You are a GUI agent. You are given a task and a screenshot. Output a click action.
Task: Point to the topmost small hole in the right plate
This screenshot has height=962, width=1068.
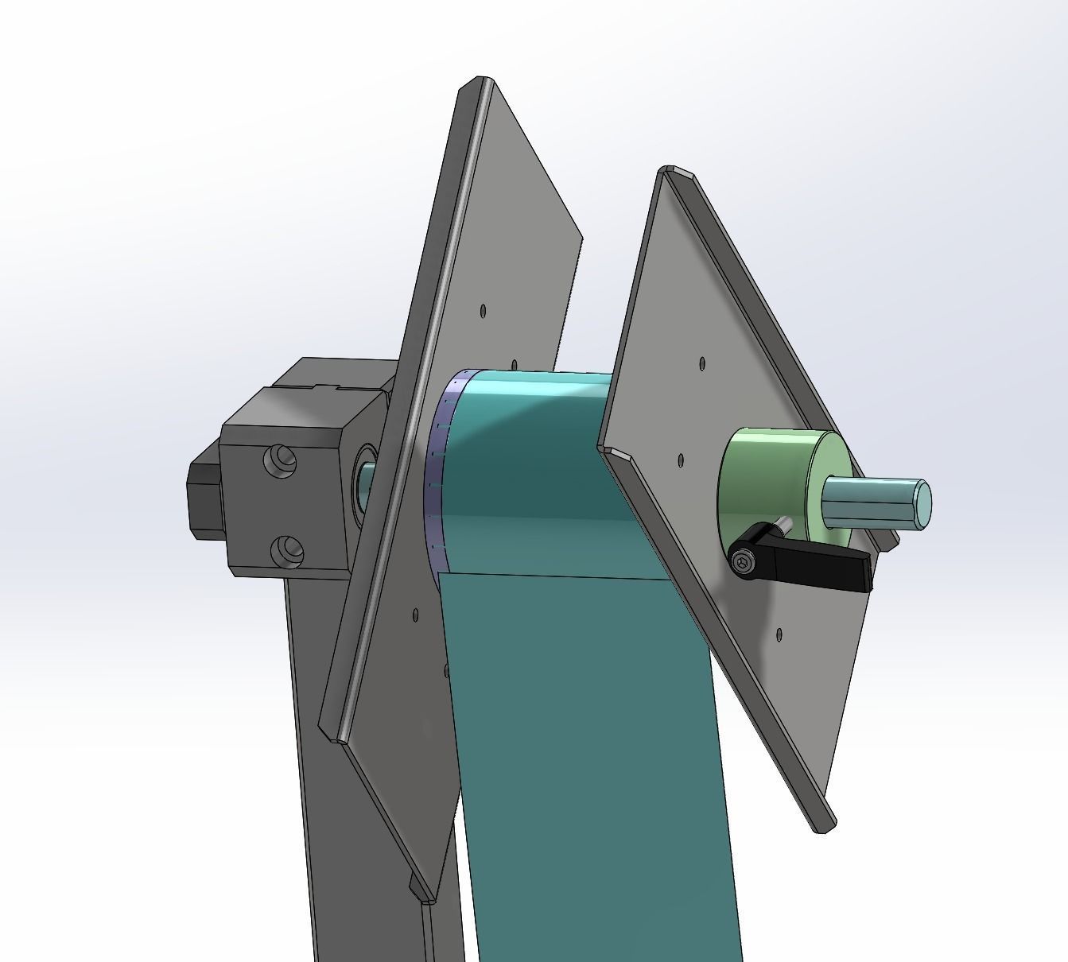[x=702, y=363]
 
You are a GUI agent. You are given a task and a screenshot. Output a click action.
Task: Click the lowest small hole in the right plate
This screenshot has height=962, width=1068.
[x=779, y=634]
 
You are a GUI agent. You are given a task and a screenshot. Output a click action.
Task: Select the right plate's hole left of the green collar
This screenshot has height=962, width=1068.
[x=681, y=460]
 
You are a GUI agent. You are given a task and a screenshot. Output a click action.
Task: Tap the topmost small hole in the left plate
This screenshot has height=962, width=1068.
[x=483, y=311]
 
